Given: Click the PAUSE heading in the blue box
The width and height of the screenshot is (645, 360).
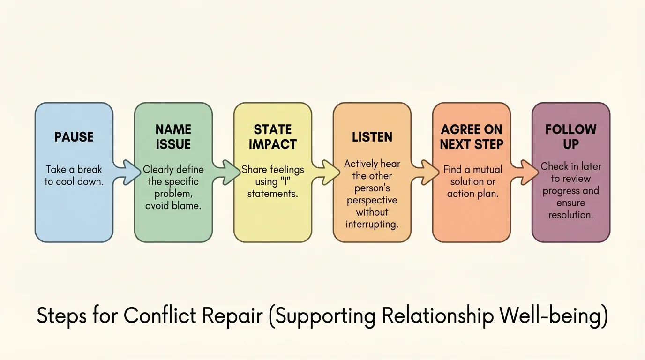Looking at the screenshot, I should [74, 137].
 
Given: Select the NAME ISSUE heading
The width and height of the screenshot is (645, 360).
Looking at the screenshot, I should [173, 137].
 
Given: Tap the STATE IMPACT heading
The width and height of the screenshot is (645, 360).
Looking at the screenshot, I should [272, 137].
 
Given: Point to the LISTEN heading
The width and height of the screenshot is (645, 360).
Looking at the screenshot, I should [372, 137].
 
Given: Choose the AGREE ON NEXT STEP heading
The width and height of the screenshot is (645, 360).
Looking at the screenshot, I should [471, 137].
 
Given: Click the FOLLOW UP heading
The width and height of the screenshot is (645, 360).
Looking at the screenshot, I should [570, 137].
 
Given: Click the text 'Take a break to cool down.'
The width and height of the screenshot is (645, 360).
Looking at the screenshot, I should [74, 175].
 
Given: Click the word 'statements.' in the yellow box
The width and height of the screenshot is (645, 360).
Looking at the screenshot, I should [273, 194].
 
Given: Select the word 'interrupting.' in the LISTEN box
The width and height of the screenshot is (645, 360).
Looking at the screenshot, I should [372, 224].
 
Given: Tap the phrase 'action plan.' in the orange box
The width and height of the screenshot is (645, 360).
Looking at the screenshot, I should [472, 194].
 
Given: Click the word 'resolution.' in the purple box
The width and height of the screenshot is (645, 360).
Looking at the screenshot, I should [570, 215].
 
